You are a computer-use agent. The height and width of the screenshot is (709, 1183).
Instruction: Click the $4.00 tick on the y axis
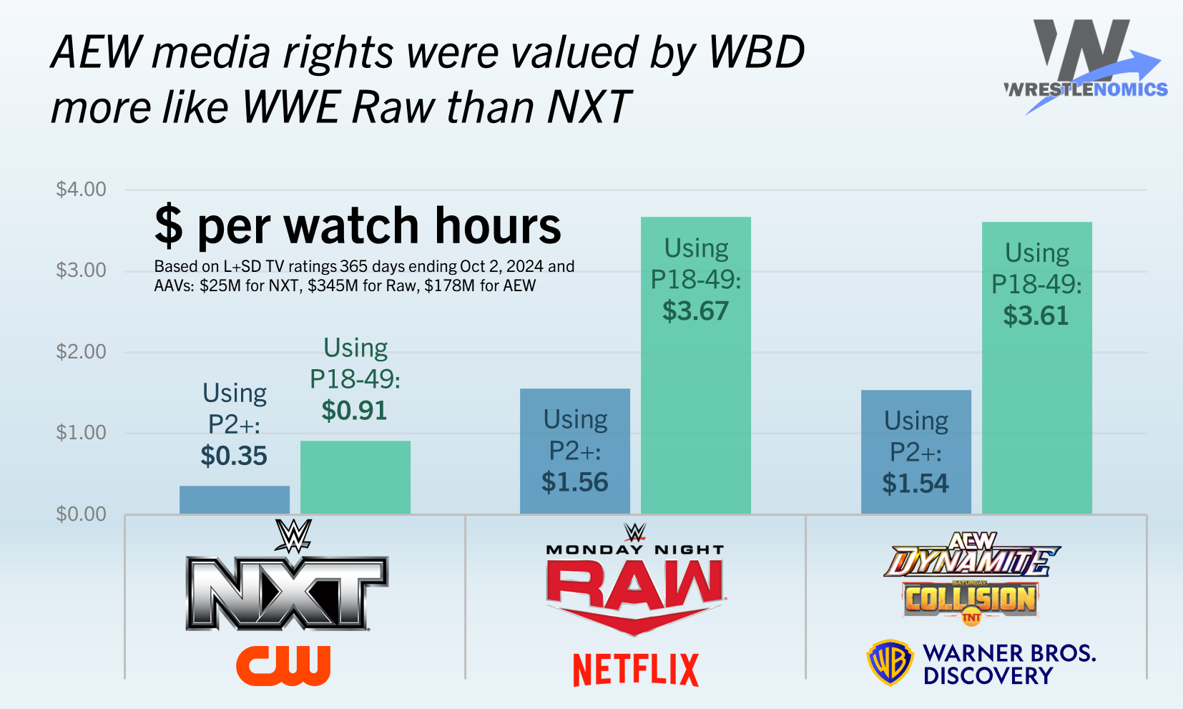point(81,190)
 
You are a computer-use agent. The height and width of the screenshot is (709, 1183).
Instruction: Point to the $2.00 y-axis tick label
point(81,352)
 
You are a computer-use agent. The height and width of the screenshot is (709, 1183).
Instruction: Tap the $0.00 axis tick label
point(81,514)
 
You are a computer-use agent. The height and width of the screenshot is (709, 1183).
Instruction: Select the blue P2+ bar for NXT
point(235,499)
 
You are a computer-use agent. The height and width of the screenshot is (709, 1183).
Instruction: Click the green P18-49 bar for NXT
point(355,477)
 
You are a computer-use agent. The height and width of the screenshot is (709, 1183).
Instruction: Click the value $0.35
point(234,456)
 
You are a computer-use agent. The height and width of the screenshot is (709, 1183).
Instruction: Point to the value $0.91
point(354,411)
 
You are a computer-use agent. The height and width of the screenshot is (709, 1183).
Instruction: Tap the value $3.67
point(695,311)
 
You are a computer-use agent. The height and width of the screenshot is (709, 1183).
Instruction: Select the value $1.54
point(916,484)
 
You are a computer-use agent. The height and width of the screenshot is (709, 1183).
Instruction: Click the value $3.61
point(1036,316)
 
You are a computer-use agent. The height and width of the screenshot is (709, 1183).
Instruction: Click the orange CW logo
point(283,665)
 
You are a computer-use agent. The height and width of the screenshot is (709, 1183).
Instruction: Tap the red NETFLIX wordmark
point(636,670)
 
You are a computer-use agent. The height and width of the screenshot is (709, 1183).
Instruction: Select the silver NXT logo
point(287,593)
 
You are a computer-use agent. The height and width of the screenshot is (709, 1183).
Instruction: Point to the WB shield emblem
point(890,663)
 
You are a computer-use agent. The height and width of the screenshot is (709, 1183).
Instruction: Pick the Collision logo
point(971,600)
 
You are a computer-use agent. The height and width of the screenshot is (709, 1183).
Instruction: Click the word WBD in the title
point(756,52)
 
